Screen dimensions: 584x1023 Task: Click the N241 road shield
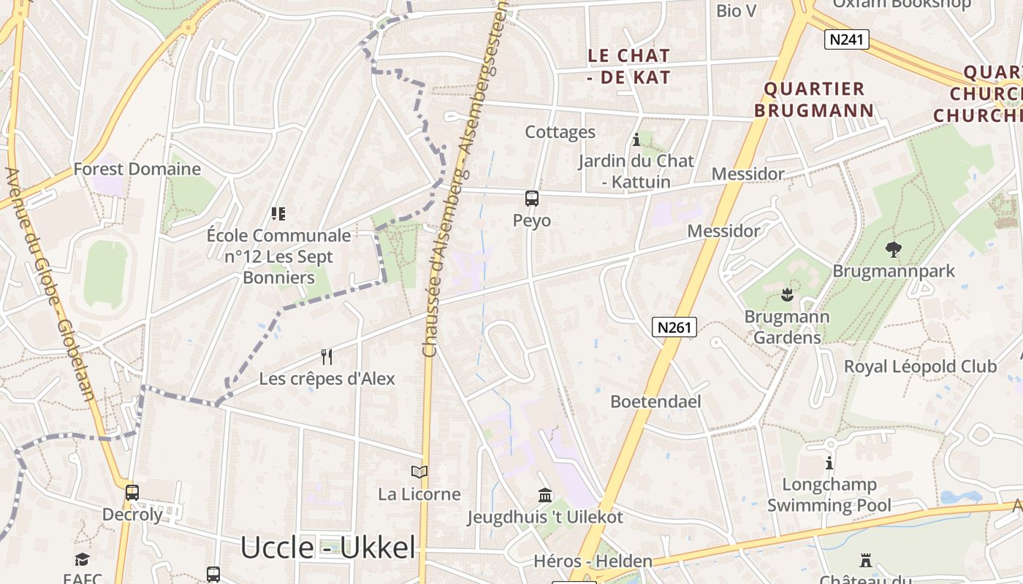(x=847, y=39)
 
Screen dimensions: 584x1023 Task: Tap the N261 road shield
(x=674, y=327)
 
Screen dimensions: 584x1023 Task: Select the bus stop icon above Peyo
(x=532, y=199)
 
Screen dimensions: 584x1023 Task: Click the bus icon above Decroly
(x=132, y=492)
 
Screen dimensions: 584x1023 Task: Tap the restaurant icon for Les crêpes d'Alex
(x=327, y=357)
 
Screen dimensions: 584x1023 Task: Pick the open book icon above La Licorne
(x=419, y=472)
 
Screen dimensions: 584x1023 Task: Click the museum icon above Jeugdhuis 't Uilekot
(x=545, y=495)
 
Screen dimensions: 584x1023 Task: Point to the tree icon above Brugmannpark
(x=893, y=250)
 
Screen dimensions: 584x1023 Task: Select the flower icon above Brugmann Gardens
(x=787, y=296)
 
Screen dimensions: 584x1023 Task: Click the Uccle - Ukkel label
(x=327, y=547)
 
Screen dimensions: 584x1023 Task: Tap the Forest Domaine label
(x=137, y=169)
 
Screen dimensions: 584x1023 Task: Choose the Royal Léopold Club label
(x=920, y=366)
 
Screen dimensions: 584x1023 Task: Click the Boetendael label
(x=655, y=401)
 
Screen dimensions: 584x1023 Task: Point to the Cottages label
(x=560, y=132)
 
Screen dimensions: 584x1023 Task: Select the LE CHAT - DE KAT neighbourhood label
(x=629, y=66)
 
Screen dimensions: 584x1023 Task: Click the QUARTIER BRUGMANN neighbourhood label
(x=814, y=99)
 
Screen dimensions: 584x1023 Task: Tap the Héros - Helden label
(x=593, y=561)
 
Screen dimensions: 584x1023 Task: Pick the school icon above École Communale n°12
(x=278, y=214)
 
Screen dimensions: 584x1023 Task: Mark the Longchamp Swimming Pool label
(x=829, y=495)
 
